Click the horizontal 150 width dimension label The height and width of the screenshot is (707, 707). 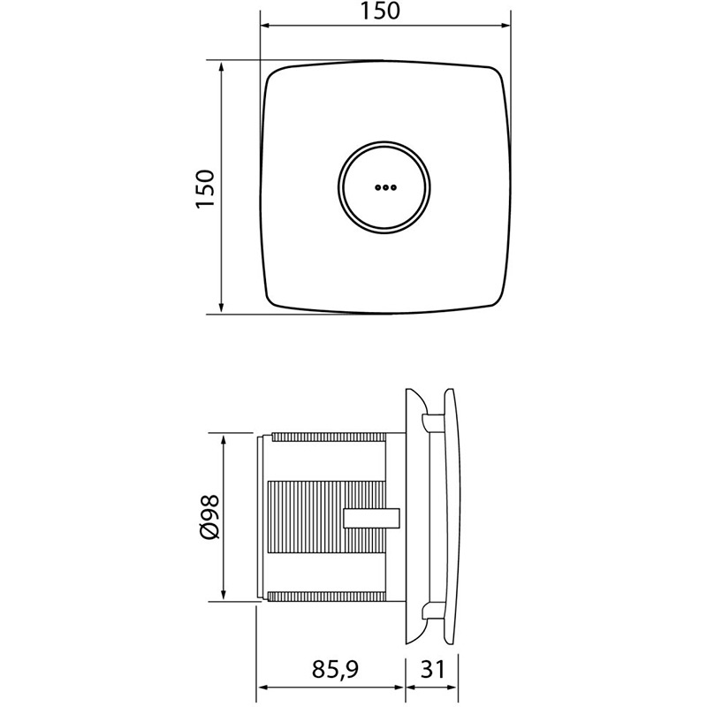pyautogui.click(x=380, y=11)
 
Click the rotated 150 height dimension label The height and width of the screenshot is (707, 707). pyautogui.click(x=205, y=188)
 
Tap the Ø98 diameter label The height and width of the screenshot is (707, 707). pyautogui.click(x=210, y=516)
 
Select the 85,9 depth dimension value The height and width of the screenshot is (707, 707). pyautogui.click(x=335, y=670)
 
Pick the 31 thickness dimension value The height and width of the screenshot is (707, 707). pyautogui.click(x=433, y=669)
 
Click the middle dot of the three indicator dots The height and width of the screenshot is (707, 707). pyautogui.click(x=385, y=187)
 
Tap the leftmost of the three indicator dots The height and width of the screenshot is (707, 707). pyautogui.click(x=378, y=187)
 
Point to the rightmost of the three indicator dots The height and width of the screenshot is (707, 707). pyautogui.click(x=393, y=187)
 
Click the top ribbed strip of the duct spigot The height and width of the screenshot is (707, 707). pyautogui.click(x=329, y=437)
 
